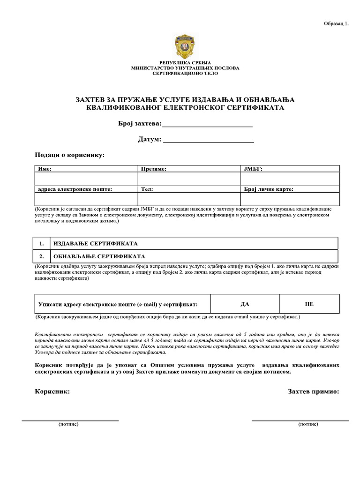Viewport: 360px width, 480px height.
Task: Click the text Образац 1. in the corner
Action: [336, 24]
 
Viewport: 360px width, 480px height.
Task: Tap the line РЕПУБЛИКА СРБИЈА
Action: [185, 62]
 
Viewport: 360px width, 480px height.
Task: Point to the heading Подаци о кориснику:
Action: [70, 155]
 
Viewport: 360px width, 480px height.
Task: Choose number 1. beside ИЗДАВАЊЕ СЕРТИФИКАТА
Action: [42, 244]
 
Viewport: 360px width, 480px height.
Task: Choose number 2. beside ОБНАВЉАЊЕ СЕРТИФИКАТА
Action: [42, 256]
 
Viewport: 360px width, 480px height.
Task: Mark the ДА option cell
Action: [245, 304]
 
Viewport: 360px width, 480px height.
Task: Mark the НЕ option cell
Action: [309, 304]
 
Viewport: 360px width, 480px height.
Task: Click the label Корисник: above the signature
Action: [52, 391]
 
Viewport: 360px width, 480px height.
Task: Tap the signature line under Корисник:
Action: [70, 420]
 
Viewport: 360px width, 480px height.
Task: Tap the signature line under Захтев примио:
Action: [300, 420]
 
